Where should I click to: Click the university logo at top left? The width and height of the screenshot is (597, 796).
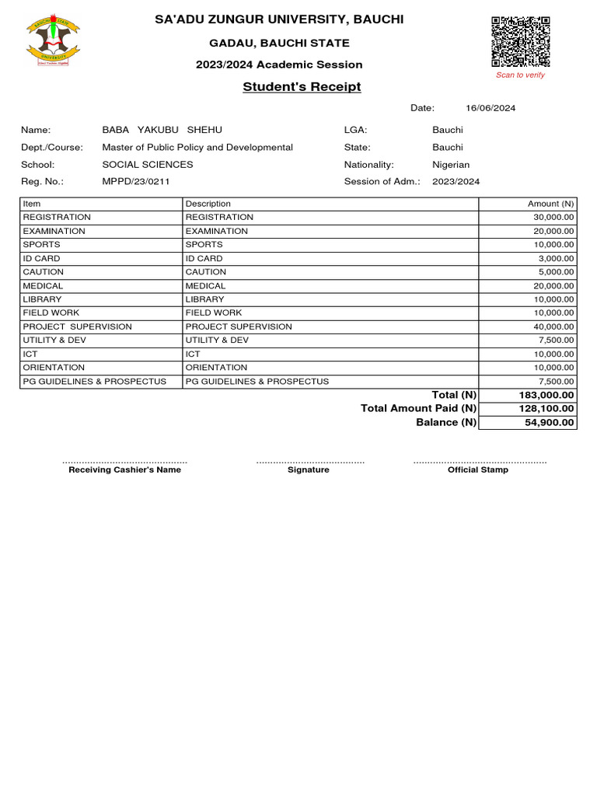tap(53, 41)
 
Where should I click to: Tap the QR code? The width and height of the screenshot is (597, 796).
tap(520, 41)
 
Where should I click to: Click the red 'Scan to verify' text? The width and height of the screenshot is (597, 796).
tap(520, 75)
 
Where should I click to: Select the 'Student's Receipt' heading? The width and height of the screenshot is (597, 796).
tap(302, 87)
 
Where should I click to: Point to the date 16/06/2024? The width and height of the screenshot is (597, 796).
tap(491, 108)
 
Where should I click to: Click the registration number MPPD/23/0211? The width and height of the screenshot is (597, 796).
tap(136, 181)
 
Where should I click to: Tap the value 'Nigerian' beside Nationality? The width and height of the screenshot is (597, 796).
tap(451, 164)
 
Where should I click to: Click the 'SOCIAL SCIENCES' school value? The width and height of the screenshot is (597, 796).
tap(148, 164)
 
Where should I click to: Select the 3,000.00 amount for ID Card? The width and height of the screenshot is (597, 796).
tap(555, 258)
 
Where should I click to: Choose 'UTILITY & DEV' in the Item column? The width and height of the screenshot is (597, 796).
tap(54, 340)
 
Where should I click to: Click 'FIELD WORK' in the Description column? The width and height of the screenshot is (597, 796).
tap(213, 312)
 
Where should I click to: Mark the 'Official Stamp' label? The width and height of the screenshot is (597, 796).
tap(478, 470)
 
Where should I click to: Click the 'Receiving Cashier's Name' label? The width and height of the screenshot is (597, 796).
tap(124, 470)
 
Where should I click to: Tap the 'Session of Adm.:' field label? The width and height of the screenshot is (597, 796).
tap(382, 181)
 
